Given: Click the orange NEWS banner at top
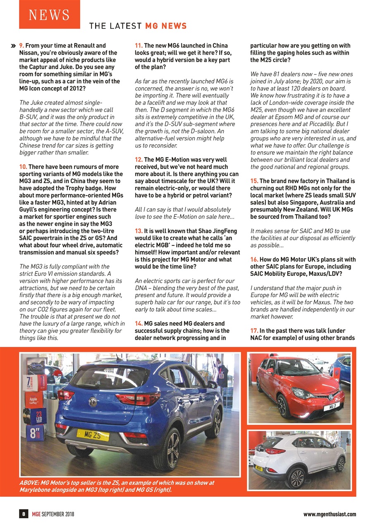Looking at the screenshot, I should tap(49, 14).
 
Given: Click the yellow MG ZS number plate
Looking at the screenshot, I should tap(93, 435).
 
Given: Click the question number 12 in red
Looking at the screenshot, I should tap(139, 160).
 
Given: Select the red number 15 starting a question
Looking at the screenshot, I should tap(254, 181).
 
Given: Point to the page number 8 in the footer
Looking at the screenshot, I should tap(24, 514).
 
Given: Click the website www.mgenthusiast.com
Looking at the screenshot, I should tap(330, 514).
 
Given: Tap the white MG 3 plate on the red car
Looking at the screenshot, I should tap(332, 407).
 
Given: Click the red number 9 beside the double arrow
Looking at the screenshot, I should tap(22, 45).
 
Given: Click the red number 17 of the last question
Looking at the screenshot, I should tap(254, 331).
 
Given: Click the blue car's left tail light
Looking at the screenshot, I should tap(66, 394).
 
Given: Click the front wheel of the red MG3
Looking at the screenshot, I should tap(283, 406).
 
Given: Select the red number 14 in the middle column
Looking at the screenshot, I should tap(139, 324).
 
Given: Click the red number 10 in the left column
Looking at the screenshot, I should tap(23, 167).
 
